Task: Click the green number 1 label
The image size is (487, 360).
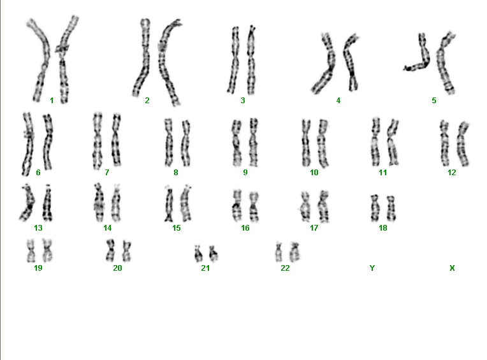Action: pyautogui.click(x=52, y=101)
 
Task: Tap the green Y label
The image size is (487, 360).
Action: pyautogui.click(x=372, y=268)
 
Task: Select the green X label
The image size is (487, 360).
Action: pyautogui.click(x=452, y=268)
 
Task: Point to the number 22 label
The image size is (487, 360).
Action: pyautogui.click(x=285, y=268)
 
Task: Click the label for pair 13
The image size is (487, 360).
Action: pyautogui.click(x=38, y=228)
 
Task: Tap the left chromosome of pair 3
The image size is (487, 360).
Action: pyautogui.click(x=234, y=60)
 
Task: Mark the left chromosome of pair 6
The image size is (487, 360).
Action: pyautogui.click(x=28, y=144)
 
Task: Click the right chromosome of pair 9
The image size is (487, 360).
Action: pyautogui.click(x=254, y=143)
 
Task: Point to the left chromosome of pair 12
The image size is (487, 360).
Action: pyautogui.click(x=444, y=143)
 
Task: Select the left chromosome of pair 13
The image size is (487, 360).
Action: pyautogui.click(x=28, y=203)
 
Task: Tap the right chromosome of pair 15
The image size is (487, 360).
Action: pyautogui.click(x=185, y=203)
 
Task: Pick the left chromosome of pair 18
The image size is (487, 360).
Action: pyautogui.click(x=375, y=208)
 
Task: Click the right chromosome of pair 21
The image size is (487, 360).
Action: pyautogui.click(x=214, y=253)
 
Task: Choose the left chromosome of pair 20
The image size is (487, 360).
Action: pyautogui.click(x=110, y=250)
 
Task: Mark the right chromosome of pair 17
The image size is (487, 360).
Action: pyautogui.click(x=323, y=206)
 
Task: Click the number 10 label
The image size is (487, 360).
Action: pyautogui.click(x=314, y=172)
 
